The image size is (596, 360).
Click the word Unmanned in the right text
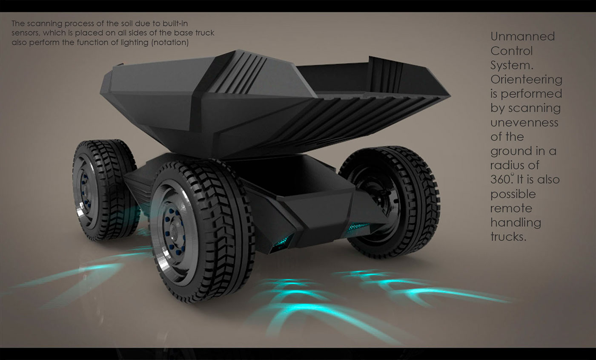point(522,37)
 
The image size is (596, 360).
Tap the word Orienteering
point(526,80)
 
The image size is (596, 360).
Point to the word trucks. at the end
point(508,237)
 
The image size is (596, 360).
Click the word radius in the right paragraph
point(509,165)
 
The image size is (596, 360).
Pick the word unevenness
point(524,123)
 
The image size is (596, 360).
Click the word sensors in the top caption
point(25,33)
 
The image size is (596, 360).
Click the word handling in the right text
point(516,223)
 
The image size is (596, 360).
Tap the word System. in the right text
point(512,66)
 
